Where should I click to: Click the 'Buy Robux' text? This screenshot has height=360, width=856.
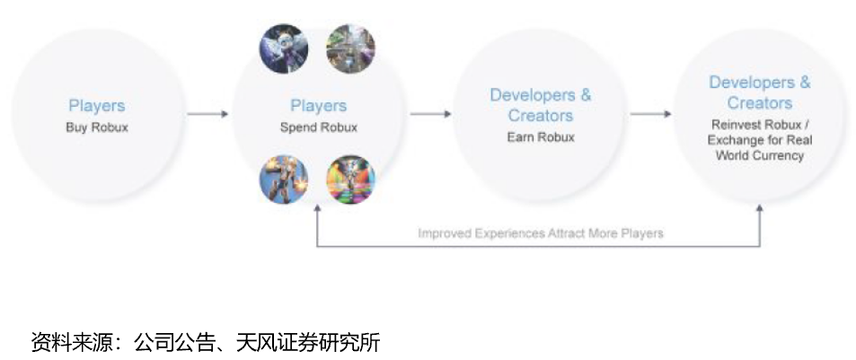[x=97, y=127]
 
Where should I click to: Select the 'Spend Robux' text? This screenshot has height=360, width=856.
[x=318, y=127]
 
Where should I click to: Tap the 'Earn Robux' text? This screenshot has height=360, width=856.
[x=540, y=137]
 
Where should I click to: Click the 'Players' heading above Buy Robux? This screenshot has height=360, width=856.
[x=97, y=106]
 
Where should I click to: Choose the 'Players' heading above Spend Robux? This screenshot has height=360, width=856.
[x=318, y=106]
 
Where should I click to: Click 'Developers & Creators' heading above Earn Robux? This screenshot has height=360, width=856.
[x=540, y=105]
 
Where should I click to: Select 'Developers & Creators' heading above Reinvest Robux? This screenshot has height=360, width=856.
[x=759, y=92]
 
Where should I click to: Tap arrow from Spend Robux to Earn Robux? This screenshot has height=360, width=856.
[x=429, y=114]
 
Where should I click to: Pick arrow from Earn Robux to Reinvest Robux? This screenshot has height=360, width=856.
[x=650, y=114]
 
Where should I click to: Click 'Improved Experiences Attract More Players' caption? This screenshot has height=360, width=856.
[x=540, y=233]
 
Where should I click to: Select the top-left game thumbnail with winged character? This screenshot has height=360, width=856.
[x=284, y=48]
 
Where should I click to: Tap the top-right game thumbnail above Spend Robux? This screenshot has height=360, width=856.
[x=350, y=48]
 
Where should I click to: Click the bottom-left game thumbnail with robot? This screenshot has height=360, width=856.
[x=284, y=179]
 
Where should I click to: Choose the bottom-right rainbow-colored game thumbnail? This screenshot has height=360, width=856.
[x=350, y=179]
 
